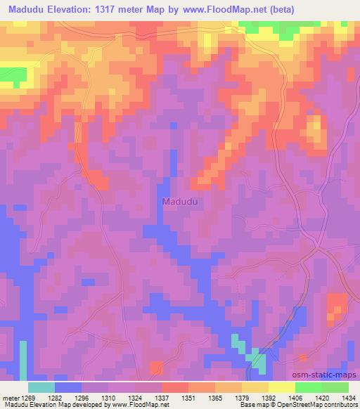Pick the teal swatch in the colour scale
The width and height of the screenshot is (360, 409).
tap(41, 387)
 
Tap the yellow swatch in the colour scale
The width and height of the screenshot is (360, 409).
tap(281, 387)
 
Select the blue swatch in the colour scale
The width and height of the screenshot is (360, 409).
tap(67, 387)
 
